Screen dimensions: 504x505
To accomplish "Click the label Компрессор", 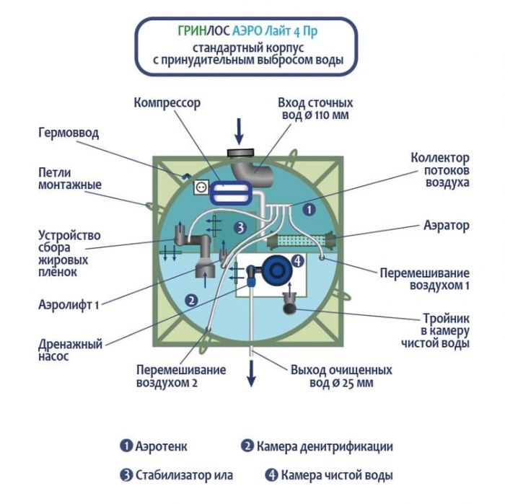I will coord(167,103).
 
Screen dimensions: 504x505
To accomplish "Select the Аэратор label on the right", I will coord(446,226).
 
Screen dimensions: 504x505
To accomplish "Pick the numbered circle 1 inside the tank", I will coord(308,209).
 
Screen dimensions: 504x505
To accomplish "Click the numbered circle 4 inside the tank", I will coord(298,261).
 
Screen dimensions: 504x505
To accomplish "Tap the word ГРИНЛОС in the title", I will coord(193,31).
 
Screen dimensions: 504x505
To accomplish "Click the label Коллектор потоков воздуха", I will coord(440,170).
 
